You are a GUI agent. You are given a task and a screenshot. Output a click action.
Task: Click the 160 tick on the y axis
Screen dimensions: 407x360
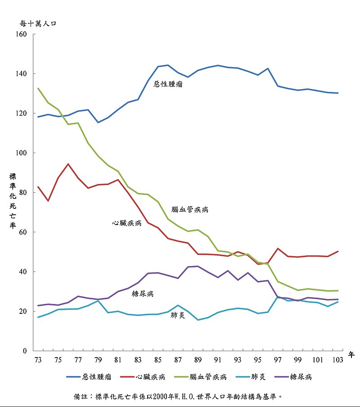(22, 34)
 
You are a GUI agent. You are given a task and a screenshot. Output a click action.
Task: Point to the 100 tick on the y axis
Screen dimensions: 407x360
(22, 153)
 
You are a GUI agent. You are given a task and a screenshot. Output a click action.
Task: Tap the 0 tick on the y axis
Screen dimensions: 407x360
(25, 351)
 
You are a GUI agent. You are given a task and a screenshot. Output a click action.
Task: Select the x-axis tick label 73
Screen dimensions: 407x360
(38, 360)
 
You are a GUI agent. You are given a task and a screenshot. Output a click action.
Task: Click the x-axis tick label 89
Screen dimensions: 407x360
(198, 360)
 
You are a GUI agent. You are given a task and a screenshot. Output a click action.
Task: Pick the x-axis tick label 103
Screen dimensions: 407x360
(337, 360)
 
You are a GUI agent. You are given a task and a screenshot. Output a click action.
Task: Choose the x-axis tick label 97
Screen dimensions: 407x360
(278, 360)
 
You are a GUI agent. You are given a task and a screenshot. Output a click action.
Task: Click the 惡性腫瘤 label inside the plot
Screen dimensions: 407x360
(168, 84)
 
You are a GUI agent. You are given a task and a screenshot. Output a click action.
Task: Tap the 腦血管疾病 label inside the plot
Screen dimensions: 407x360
(190, 210)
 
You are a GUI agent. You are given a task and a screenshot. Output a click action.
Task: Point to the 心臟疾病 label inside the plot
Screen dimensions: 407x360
(127, 223)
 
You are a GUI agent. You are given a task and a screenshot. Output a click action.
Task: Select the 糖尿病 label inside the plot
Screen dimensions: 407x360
(143, 294)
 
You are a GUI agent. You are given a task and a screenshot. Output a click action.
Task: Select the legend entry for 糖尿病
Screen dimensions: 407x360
(301, 377)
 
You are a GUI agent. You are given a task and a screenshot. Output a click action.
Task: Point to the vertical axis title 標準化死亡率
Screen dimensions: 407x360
(13, 200)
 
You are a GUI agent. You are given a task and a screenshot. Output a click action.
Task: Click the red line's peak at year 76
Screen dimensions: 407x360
(68, 164)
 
